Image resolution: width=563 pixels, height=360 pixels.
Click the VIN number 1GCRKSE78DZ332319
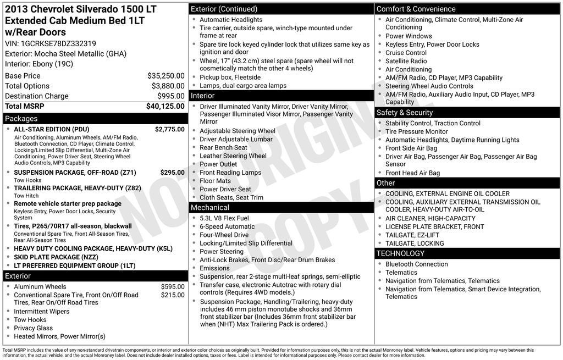(58, 43)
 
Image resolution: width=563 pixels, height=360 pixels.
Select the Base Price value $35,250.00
(165, 76)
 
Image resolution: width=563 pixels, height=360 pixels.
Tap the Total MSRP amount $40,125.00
(165, 106)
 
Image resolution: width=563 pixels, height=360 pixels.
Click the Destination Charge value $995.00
(170, 96)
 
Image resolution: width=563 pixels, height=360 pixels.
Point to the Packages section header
(21, 119)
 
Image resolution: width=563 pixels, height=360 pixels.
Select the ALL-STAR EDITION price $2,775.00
(169, 129)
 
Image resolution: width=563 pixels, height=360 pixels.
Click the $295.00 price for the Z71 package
(172, 173)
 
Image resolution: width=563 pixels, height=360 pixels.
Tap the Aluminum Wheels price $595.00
(173, 287)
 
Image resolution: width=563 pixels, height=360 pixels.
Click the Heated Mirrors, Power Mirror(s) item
(59, 336)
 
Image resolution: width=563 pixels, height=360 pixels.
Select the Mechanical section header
(209, 208)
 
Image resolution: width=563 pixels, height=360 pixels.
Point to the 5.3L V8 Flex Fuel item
(224, 218)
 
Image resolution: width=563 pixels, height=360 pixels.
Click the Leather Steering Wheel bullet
(233, 156)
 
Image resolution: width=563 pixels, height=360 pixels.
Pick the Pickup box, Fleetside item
(230, 77)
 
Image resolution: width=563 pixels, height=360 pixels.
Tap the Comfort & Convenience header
(416, 9)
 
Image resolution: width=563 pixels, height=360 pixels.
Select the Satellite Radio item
(406, 61)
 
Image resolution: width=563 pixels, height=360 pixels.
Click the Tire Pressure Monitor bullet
(416, 132)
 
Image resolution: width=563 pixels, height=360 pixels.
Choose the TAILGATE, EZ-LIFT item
(412, 235)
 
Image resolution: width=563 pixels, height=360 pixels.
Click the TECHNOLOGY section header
(400, 253)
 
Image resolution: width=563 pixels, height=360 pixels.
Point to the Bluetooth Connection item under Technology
(416, 264)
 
